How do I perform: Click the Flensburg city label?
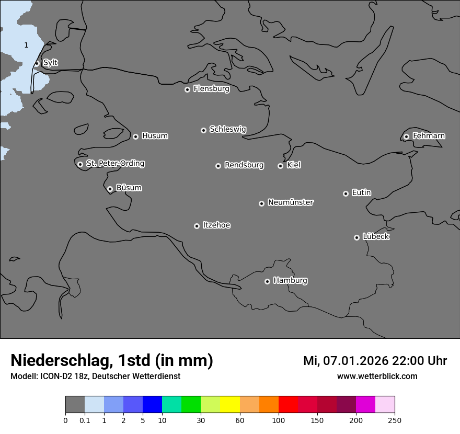point(211,89)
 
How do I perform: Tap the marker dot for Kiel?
point(280,166)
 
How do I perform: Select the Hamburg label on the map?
point(290,281)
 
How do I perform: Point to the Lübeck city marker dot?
point(356,237)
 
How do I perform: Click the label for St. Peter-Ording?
point(115,164)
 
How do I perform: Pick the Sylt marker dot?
point(37,64)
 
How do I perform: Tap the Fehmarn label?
point(429,136)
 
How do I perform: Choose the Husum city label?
point(155,136)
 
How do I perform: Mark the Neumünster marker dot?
point(261,203)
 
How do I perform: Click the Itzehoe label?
point(216,225)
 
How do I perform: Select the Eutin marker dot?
point(346,193)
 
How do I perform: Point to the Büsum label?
point(129,188)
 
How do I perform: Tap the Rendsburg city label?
point(244,165)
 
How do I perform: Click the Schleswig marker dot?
point(203,130)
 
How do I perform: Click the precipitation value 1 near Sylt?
point(26,45)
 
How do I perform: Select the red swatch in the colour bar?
point(288,405)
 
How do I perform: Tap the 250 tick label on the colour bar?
point(395,420)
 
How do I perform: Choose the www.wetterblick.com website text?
point(377,376)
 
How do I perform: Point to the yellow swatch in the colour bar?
point(230,405)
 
